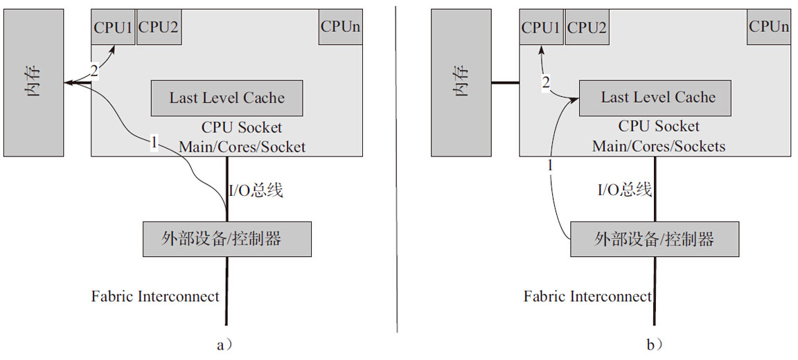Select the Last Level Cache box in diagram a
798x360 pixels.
click(227, 98)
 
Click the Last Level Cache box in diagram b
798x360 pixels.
click(655, 98)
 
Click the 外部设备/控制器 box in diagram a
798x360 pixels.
click(227, 239)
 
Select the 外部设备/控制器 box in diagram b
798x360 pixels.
click(655, 239)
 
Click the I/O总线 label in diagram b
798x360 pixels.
click(625, 190)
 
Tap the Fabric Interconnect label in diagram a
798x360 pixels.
click(155, 296)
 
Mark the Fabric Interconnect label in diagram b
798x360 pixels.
click(587, 296)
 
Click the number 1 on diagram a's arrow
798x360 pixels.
click(154, 143)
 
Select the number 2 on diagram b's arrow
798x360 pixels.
click(546, 83)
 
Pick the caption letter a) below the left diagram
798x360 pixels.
click(222, 344)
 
